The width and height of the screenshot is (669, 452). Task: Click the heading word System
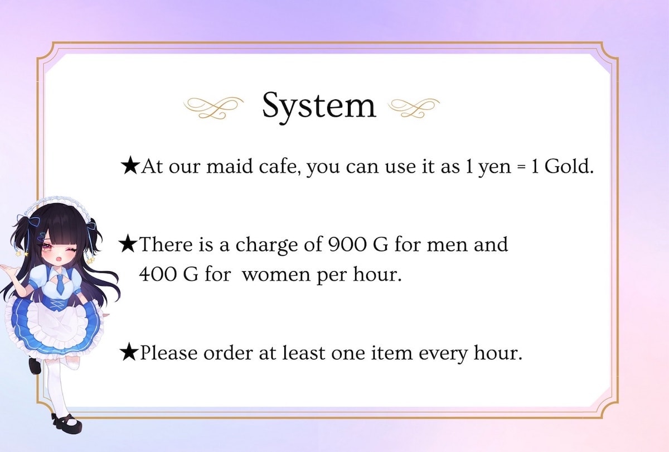(319, 107)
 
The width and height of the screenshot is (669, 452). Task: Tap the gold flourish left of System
(213, 108)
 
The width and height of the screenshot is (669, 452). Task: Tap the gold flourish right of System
(414, 108)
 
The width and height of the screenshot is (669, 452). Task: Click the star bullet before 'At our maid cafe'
(130, 166)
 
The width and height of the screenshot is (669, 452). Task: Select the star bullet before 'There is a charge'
(128, 244)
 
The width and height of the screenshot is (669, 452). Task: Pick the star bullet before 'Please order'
(129, 352)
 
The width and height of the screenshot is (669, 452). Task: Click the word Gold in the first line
(568, 166)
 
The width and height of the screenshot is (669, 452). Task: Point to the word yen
(495, 169)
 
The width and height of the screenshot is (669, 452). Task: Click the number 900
(347, 245)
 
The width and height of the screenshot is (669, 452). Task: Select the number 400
(158, 274)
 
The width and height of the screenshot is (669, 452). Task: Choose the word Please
(169, 353)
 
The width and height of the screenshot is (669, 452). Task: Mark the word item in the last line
(391, 353)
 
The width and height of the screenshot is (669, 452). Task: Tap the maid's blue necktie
(60, 284)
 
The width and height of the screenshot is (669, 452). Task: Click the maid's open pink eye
(47, 247)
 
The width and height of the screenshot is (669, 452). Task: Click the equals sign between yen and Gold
(521, 167)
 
